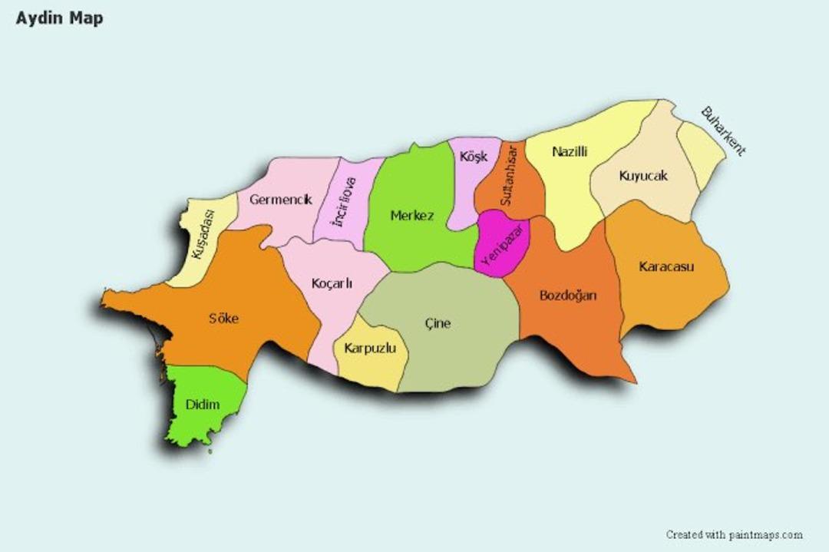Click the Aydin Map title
(x=59, y=18)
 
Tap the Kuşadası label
(x=204, y=234)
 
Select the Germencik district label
(x=280, y=200)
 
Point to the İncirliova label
(x=344, y=201)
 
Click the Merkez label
(x=412, y=216)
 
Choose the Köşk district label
(x=473, y=157)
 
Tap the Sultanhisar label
(x=509, y=175)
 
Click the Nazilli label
(x=570, y=152)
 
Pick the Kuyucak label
(x=643, y=176)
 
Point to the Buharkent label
(x=722, y=131)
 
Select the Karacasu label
(x=666, y=267)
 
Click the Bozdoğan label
(x=568, y=296)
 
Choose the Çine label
(x=438, y=323)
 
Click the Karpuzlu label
(x=370, y=349)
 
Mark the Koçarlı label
(x=332, y=283)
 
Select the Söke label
(x=223, y=319)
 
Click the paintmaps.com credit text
(x=734, y=534)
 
